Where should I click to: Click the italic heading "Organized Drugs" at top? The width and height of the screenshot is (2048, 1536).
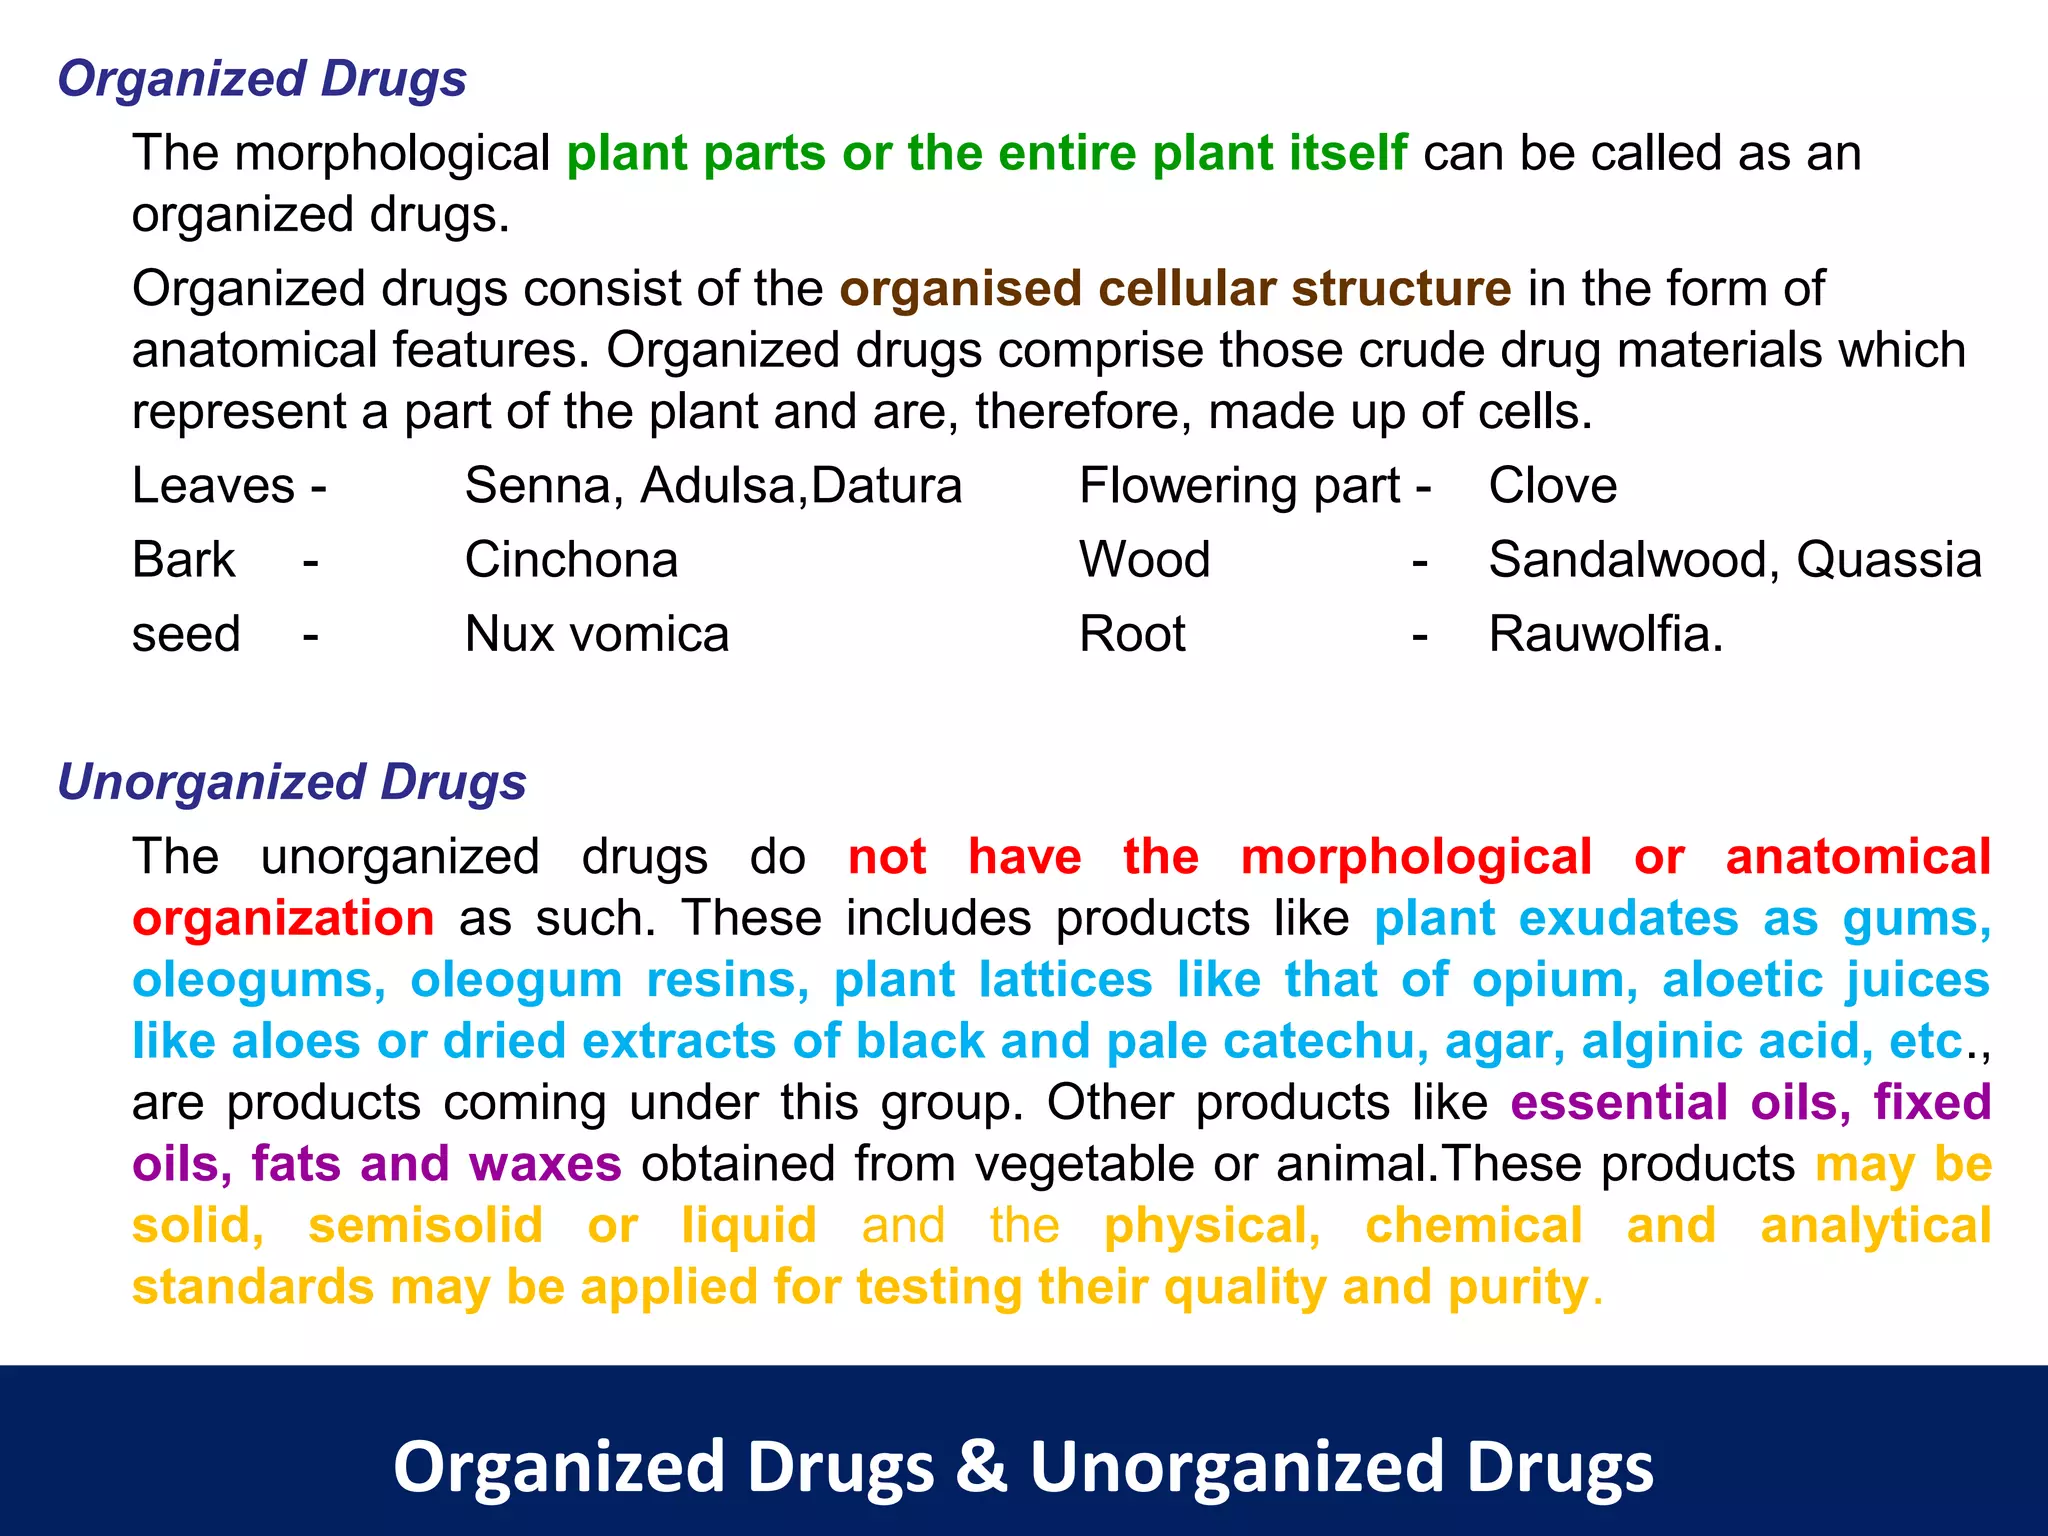click(262, 79)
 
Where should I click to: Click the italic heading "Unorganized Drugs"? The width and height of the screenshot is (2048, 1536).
click(292, 782)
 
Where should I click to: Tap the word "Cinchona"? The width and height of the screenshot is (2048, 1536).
click(571, 560)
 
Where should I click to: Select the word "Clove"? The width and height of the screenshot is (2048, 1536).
click(1552, 486)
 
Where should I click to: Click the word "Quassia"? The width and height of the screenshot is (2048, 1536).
click(1888, 560)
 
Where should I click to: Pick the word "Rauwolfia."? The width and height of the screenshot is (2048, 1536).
click(1606, 634)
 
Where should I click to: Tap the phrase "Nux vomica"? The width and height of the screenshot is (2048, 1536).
click(597, 634)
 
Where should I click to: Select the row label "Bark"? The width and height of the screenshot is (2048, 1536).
click(184, 560)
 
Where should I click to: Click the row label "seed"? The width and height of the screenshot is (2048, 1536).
click(186, 634)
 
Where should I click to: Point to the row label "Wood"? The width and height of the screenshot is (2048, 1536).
click(1144, 560)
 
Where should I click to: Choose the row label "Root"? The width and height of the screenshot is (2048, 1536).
click(1132, 634)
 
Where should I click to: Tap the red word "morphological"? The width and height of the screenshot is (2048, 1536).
click(1416, 857)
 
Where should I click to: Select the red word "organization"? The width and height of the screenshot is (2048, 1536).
click(283, 918)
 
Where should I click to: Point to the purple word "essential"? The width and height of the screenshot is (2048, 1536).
click(1619, 1103)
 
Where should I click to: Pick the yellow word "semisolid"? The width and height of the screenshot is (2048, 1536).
click(425, 1226)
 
